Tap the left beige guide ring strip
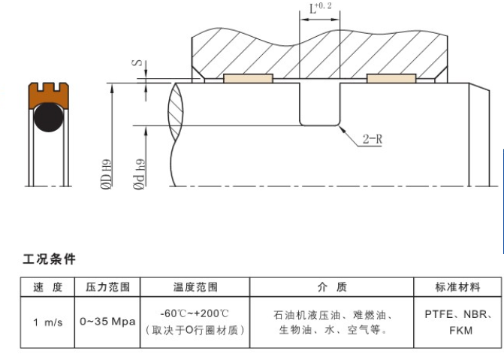tap(246, 77)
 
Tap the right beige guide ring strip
tap(391, 77)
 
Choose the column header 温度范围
tap(195, 287)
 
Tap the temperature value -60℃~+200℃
tap(195, 314)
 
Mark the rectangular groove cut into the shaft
tap(319, 104)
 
